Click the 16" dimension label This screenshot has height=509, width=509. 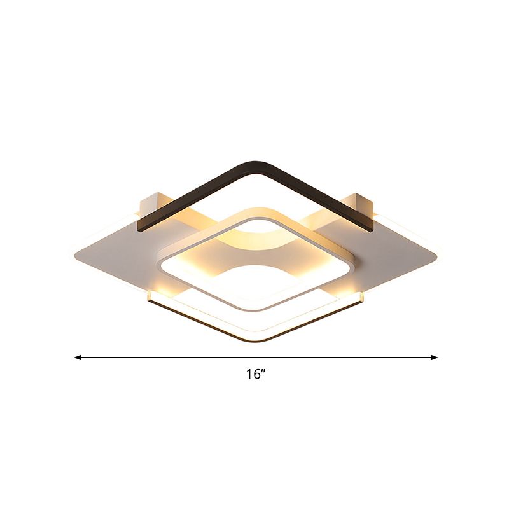point(256,375)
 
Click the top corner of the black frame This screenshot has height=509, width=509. point(262,164)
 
